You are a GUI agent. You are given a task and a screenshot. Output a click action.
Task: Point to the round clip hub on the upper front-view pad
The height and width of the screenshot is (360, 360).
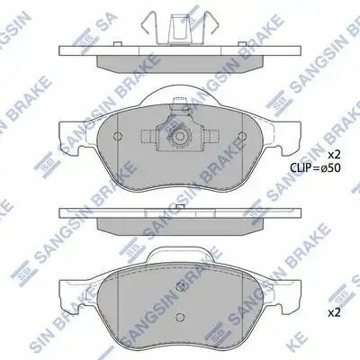click(180, 138)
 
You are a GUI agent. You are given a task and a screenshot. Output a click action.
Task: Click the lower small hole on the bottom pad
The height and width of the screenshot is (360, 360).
click(180, 318)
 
